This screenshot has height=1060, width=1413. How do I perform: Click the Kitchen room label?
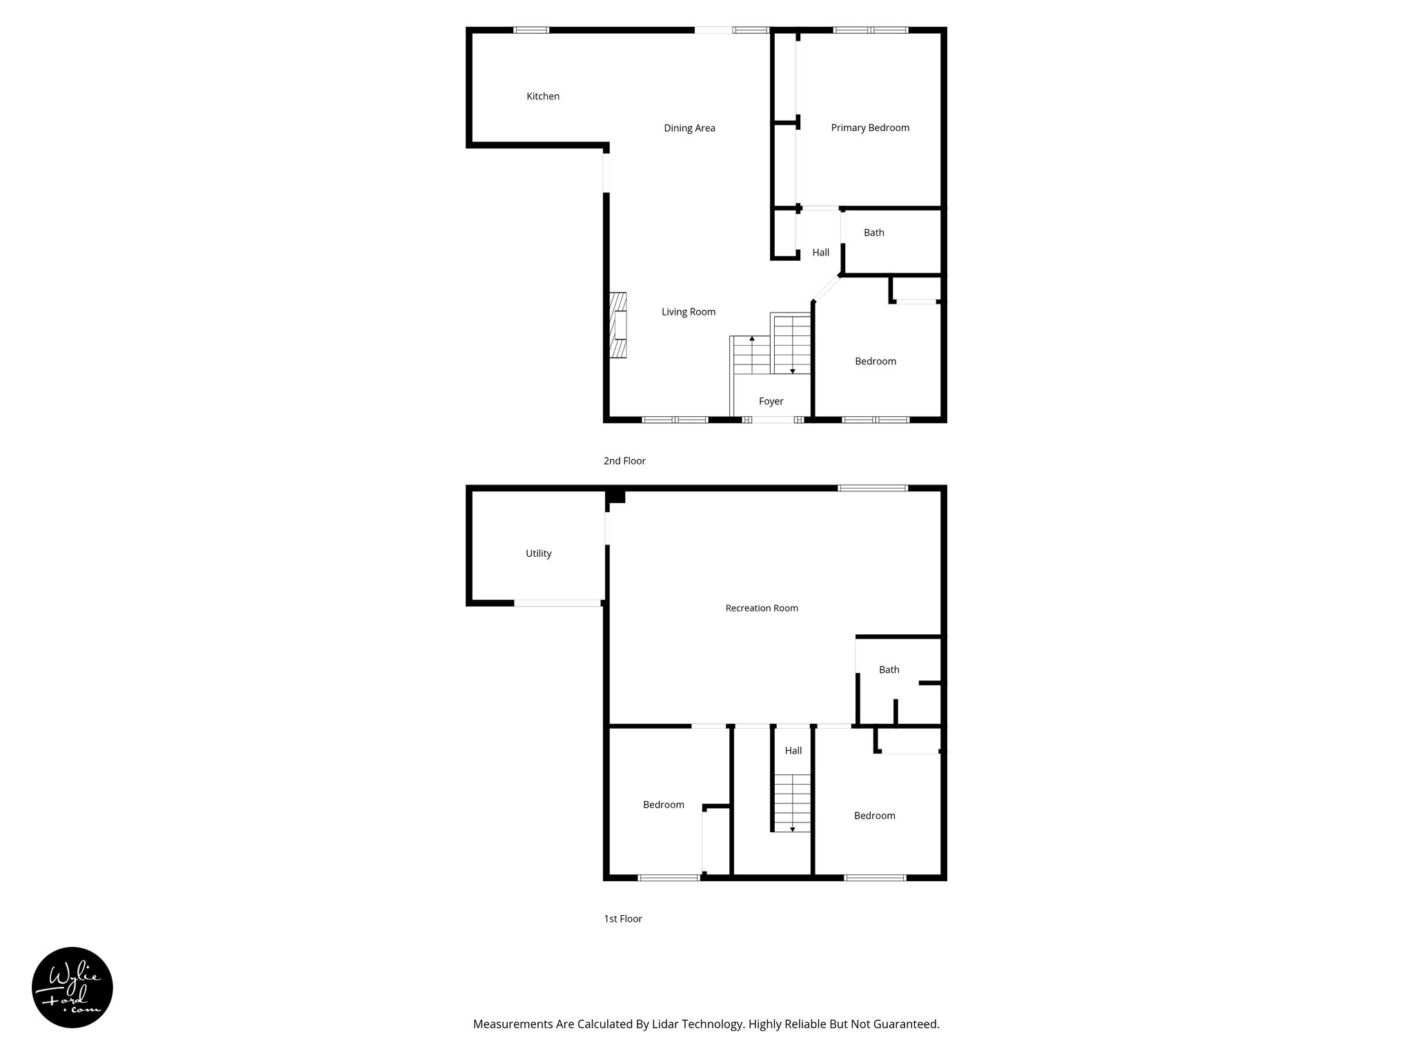coord(543,97)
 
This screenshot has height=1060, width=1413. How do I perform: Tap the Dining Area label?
coord(689,128)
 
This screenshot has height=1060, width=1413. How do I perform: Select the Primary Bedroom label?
coord(869,128)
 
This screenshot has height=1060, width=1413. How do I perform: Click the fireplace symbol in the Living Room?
coord(617,325)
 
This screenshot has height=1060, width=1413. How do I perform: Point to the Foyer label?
coord(771,402)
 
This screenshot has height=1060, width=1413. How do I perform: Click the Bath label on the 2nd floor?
coord(873,233)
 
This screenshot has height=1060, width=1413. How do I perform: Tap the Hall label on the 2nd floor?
coord(820,253)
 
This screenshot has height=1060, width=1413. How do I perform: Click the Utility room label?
coord(538,553)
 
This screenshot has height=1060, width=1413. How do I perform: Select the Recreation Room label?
coord(762,608)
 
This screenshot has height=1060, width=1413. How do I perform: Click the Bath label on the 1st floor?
coord(889,669)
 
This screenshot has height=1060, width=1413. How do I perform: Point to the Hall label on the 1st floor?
coord(793,751)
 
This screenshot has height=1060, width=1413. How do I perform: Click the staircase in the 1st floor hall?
coord(792,803)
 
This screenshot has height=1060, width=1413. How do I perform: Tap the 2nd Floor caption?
coord(624,461)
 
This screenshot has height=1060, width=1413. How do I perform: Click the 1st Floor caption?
coord(622,919)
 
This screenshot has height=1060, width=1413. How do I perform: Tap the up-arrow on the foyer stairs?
coord(751,339)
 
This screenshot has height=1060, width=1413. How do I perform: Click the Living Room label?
coord(688,312)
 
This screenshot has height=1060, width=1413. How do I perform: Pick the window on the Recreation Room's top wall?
coord(872,488)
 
